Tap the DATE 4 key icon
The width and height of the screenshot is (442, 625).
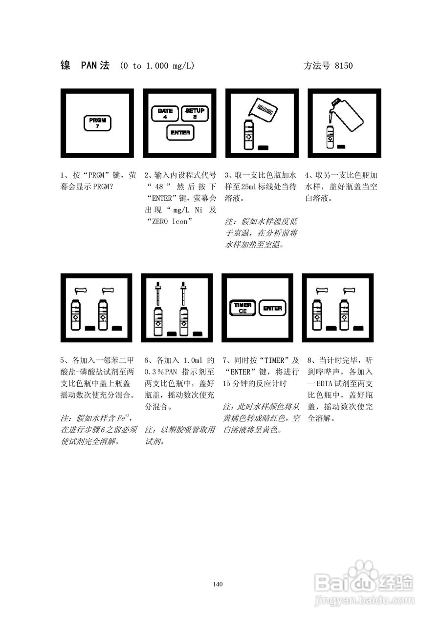pos(165,113)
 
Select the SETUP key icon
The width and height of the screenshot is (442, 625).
pos(195,113)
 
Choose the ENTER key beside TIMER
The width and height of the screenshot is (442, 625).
pos(272,308)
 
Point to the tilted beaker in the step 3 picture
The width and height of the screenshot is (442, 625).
pos(265,111)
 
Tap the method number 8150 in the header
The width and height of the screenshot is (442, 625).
pos(343,66)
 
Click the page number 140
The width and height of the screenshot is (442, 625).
pos(218,584)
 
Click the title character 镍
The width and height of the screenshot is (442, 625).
pos(65,65)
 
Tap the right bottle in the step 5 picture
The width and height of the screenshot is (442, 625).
pos(103,316)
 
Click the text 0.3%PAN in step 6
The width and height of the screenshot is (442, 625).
pos(160,372)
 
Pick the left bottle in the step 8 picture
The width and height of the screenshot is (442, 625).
pos(317,316)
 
